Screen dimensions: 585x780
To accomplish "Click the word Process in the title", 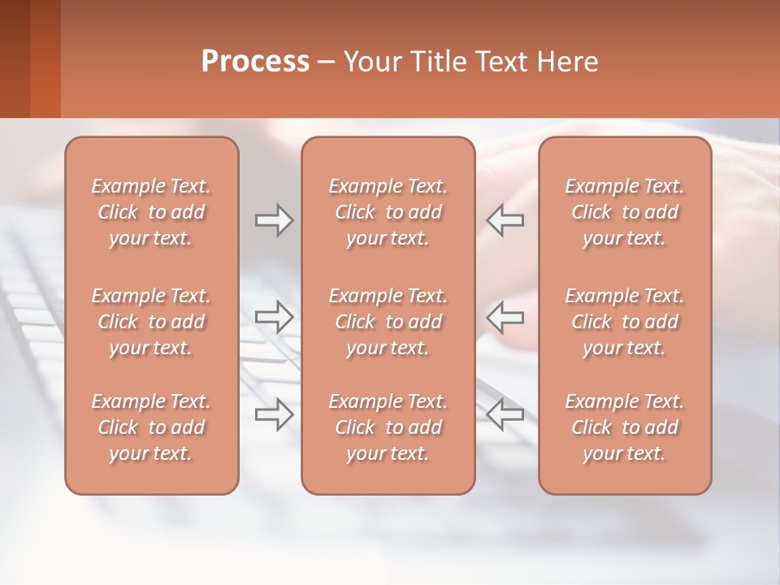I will tap(255, 62).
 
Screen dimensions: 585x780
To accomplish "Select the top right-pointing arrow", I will tap(274, 220).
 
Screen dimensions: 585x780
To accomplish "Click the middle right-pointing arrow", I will tap(274, 317).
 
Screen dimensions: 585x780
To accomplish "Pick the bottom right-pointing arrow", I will tap(274, 414).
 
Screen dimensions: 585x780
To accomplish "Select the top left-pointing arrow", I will tap(505, 220).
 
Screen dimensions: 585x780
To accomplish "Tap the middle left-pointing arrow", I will tap(505, 317).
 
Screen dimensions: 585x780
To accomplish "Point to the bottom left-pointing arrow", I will tap(505, 414).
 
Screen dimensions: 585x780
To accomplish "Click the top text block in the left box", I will tap(151, 212).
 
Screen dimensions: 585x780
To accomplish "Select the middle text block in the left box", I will tap(151, 322).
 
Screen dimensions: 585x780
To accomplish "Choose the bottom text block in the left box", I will tap(151, 427).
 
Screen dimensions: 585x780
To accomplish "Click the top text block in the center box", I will tap(388, 212).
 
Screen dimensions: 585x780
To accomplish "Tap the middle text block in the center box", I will tap(388, 322).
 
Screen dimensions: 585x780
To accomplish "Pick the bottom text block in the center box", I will tap(388, 427).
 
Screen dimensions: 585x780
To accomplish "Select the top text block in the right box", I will tap(625, 212).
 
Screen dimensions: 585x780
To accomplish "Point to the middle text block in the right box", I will tap(625, 322).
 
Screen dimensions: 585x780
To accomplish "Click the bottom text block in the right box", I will tap(625, 427).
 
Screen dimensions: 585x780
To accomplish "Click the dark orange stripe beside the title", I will tap(45, 58).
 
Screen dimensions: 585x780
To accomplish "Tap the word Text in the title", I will tap(501, 62).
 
